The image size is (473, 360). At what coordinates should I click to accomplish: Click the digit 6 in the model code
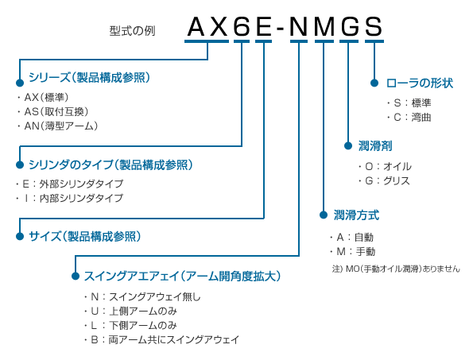pos(242,26)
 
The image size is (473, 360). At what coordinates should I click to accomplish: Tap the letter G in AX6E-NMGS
pos(350,26)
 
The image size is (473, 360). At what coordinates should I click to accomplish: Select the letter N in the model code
pos(298,26)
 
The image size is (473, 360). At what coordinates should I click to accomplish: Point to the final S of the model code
pos(374,26)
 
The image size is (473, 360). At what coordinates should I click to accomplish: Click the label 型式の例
pos(132,31)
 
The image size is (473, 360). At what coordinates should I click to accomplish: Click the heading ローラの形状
pos(420,83)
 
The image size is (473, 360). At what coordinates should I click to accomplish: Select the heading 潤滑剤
pos(375,146)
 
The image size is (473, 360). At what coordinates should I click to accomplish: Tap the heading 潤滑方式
pos(356,215)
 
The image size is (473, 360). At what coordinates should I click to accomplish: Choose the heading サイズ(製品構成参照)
pos(85,236)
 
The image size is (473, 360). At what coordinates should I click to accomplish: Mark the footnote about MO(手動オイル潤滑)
pos(396,269)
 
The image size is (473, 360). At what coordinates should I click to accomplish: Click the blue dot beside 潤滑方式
pos(324,215)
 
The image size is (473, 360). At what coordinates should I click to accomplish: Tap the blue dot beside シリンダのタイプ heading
pos(20,165)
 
